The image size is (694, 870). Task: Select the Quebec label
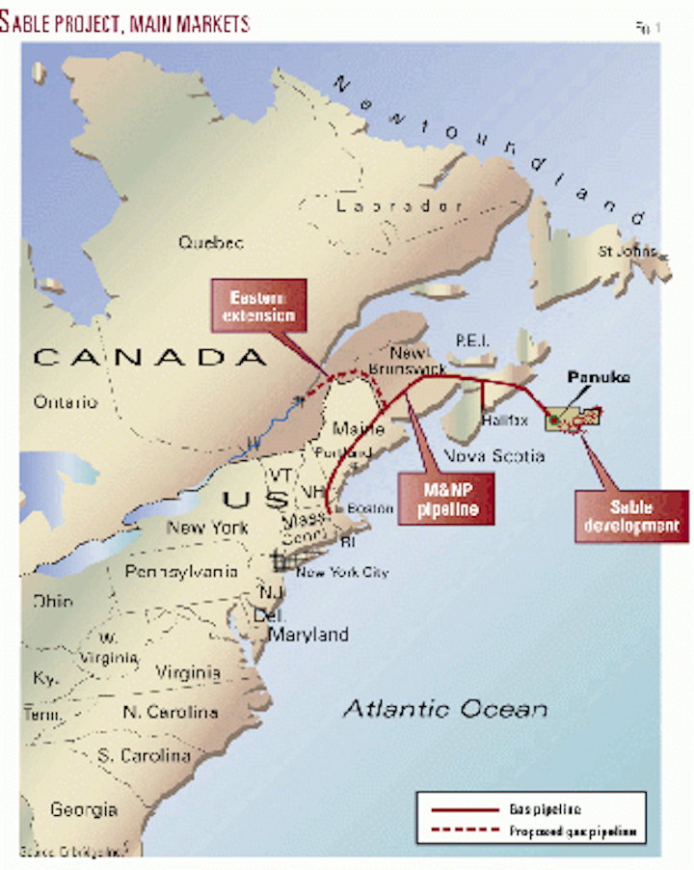point(210,243)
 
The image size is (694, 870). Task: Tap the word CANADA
point(149,358)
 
